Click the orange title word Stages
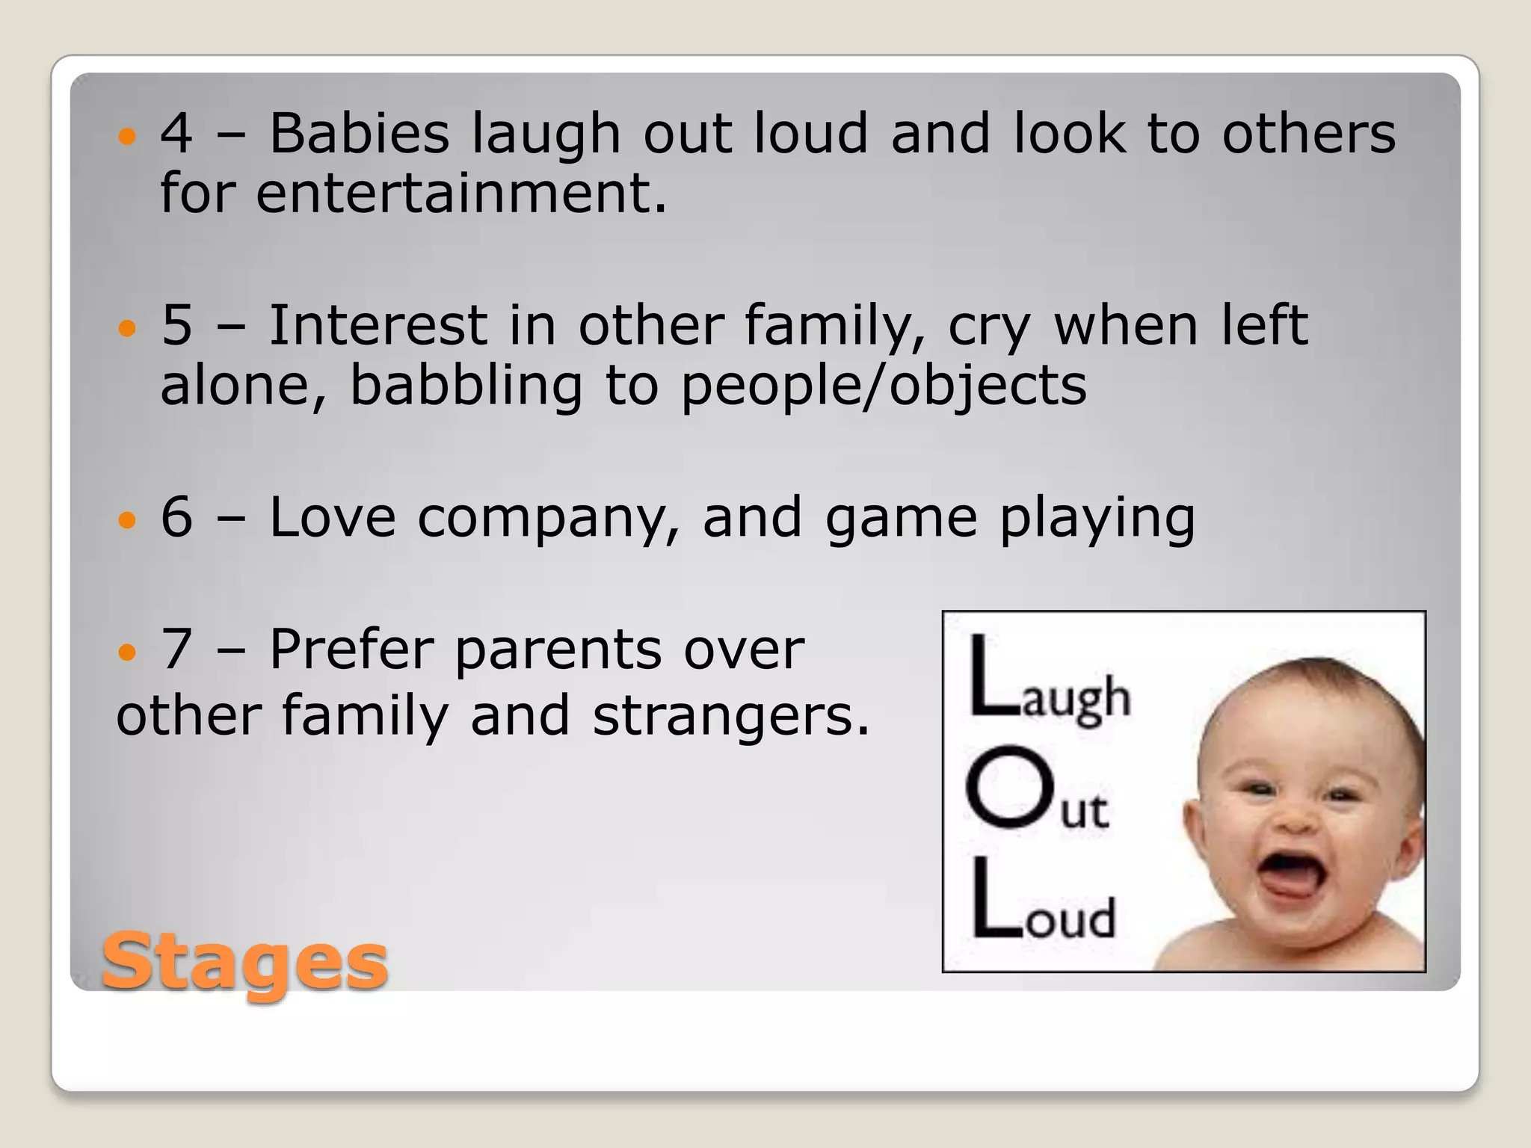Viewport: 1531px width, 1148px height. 244,962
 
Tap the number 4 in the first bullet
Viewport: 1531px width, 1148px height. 177,134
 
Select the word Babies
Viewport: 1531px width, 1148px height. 359,134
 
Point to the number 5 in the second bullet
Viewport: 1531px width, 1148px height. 177,326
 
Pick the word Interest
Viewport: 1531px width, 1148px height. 378,326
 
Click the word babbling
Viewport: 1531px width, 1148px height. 466,386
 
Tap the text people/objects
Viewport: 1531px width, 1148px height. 883,386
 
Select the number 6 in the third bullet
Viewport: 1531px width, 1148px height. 177,517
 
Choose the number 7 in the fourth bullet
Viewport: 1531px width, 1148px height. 177,649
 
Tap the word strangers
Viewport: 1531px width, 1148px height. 730,716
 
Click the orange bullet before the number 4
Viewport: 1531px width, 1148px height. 128,136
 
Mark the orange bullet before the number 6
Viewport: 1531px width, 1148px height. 128,519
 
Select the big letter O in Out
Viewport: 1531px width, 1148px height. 1009,788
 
